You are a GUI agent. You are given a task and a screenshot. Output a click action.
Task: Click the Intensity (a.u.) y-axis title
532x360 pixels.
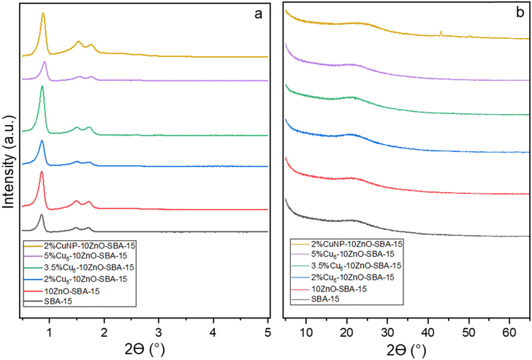pyautogui.click(x=8, y=161)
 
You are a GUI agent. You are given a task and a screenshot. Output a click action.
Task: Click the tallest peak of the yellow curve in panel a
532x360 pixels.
pyautogui.click(x=44, y=13)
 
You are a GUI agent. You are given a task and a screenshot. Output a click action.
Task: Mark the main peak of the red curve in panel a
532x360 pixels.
pyautogui.click(x=42, y=172)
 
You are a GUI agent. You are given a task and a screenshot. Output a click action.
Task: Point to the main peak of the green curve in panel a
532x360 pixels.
pyautogui.click(x=42, y=87)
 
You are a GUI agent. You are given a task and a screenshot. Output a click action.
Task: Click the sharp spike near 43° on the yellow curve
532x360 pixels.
pyautogui.click(x=441, y=32)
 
